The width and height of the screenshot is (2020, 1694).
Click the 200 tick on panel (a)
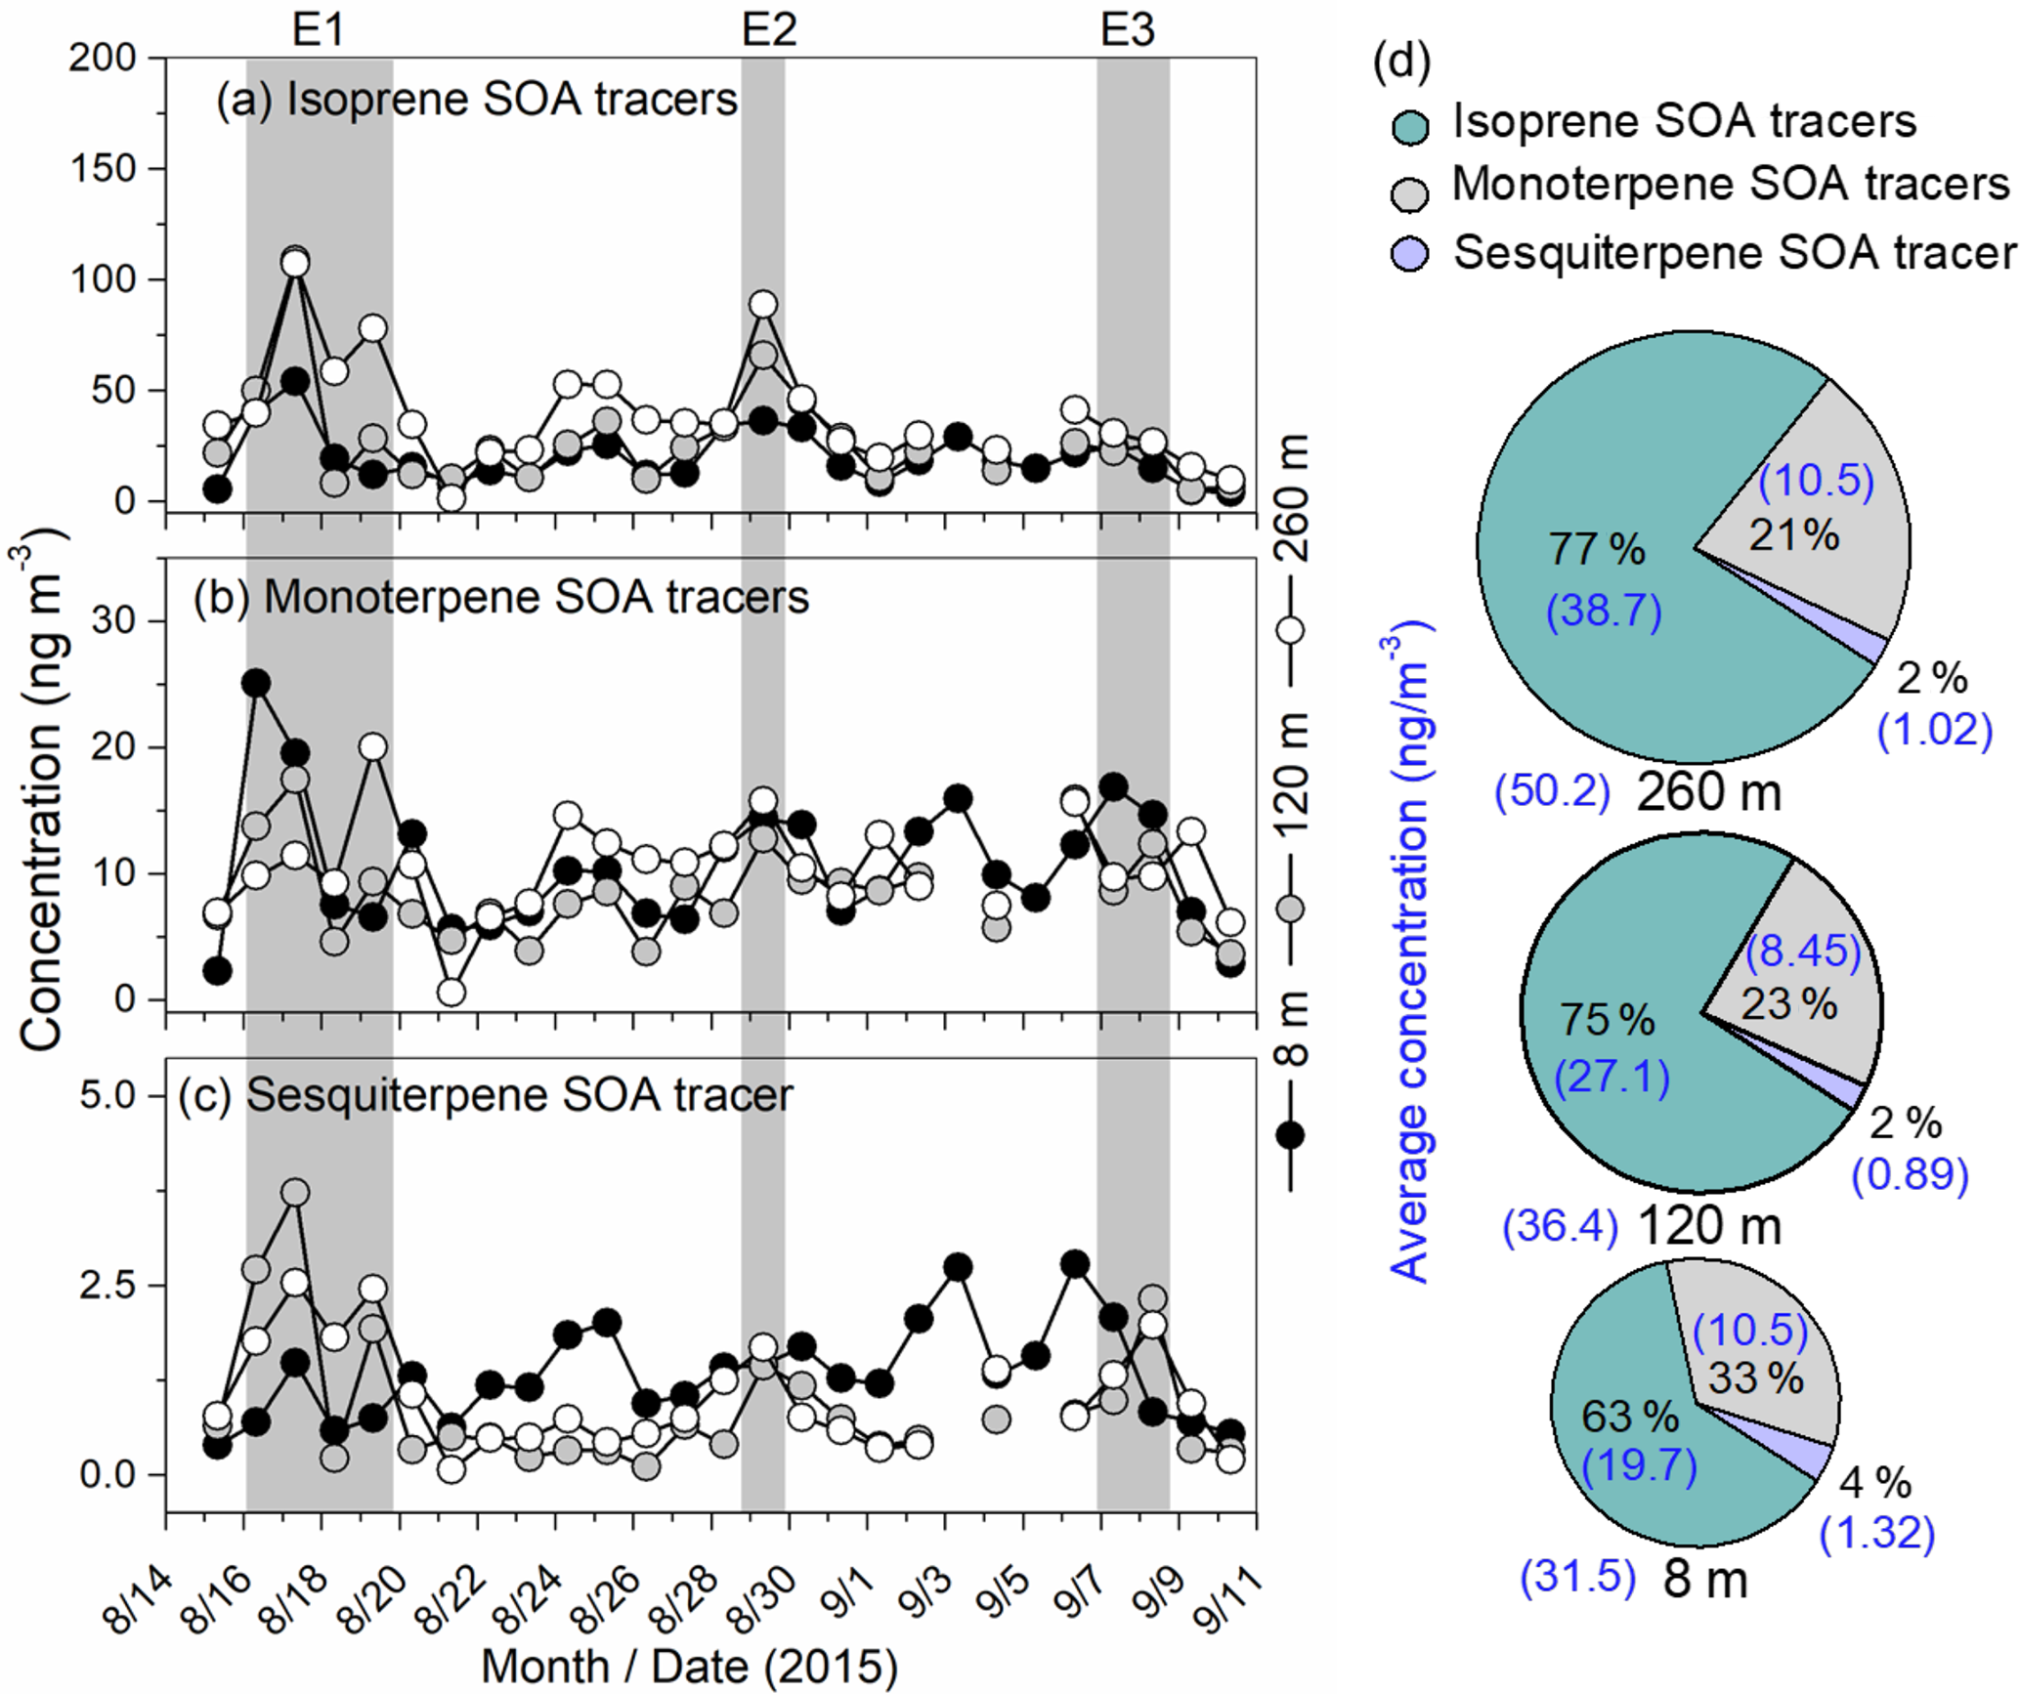coord(102,58)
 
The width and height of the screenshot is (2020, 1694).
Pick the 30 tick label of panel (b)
coord(114,621)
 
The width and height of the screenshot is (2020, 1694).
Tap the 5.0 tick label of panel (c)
coord(107,1095)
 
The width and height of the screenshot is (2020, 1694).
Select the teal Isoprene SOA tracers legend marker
coord(1409,125)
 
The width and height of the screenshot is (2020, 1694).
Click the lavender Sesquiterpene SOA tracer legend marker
coord(1409,255)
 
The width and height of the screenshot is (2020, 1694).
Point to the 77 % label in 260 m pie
coord(1597,550)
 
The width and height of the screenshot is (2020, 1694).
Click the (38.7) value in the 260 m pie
coord(1604,613)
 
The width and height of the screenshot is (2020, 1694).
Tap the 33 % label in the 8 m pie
coord(1756,1378)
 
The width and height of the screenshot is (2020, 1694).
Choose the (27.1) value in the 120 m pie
coord(1612,1077)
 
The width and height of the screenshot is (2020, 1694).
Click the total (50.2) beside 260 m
coord(1552,791)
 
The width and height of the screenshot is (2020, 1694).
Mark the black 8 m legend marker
coord(1290,1134)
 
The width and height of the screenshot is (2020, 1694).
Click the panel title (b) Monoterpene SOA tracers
coord(501,597)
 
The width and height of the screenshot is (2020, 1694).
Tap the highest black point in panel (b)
coord(256,683)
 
